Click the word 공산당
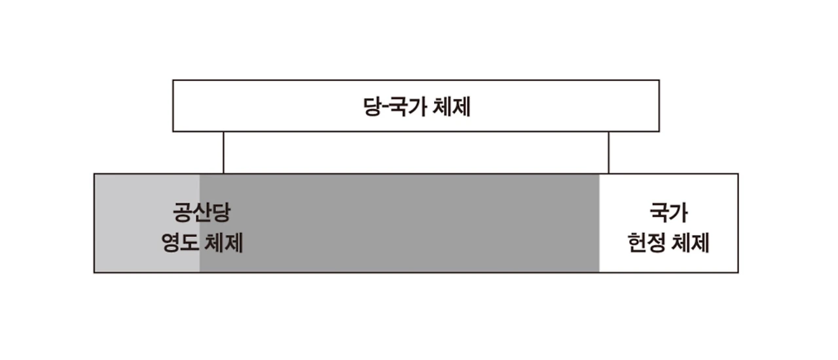click(x=202, y=212)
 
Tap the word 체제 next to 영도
click(x=224, y=243)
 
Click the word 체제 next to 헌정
click(x=691, y=243)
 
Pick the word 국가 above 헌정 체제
click(x=668, y=212)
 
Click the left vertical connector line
click(x=223, y=153)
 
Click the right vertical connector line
click(x=609, y=153)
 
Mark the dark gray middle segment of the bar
click(x=399, y=223)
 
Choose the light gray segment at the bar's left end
click(x=131, y=223)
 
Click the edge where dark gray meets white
click(x=599, y=223)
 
